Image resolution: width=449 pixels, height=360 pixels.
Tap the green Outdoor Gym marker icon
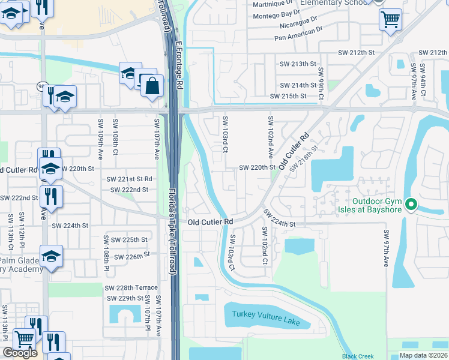411,205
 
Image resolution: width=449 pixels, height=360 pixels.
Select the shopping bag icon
152,86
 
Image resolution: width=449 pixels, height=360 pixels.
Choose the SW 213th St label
298,64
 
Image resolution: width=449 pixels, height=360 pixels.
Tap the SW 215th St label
288,96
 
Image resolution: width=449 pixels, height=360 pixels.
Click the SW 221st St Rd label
129,179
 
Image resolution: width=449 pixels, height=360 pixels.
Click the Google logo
20,353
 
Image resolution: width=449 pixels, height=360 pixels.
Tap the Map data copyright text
423,355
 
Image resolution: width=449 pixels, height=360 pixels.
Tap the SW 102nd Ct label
264,245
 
